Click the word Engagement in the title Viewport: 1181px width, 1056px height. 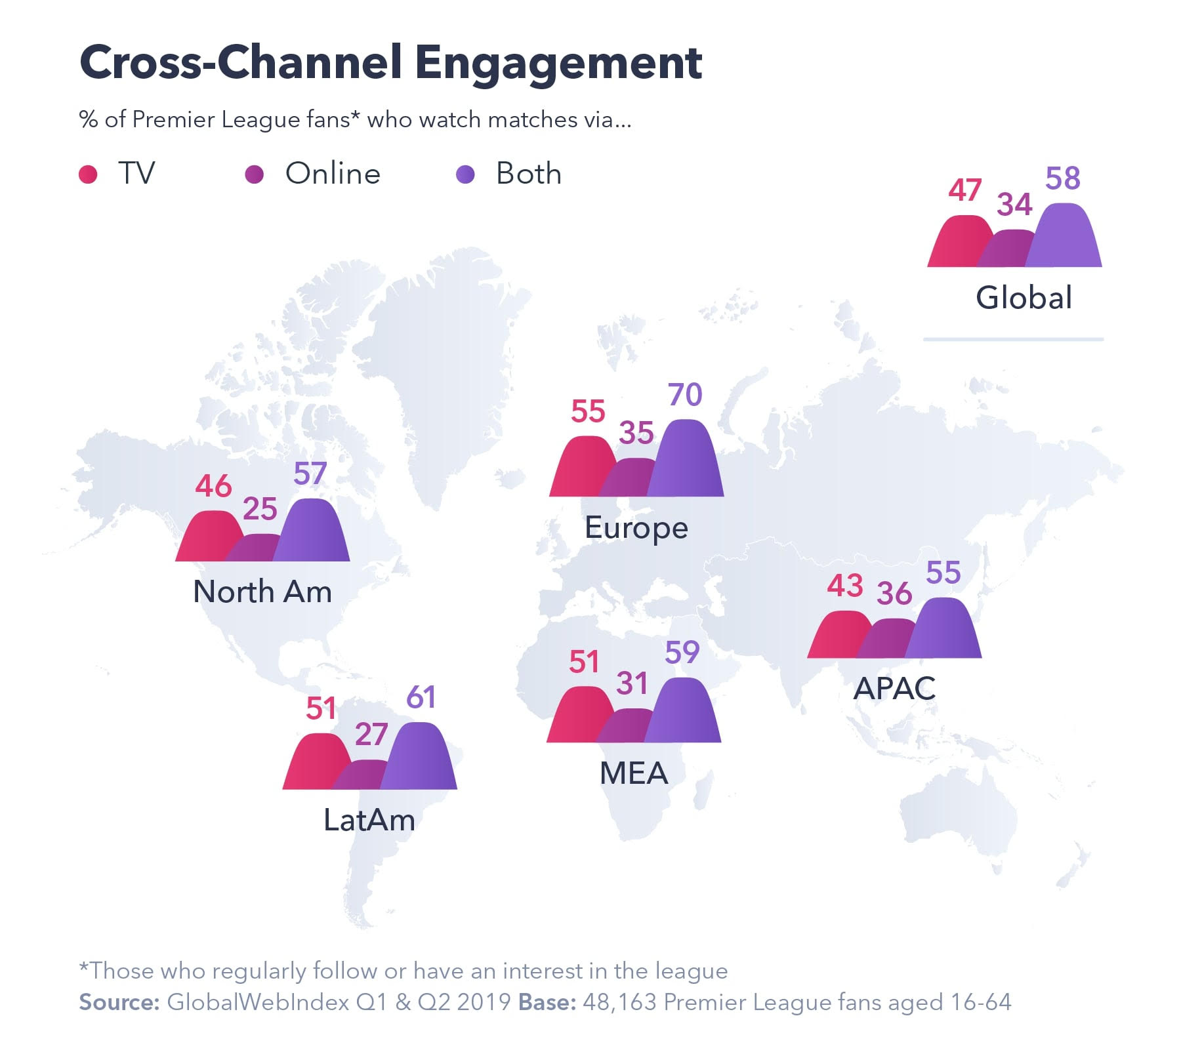click(x=558, y=64)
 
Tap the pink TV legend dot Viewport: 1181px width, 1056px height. click(x=88, y=174)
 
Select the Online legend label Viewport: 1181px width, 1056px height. click(x=333, y=174)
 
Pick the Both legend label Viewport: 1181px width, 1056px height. click(x=528, y=174)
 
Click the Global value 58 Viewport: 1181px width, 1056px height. click(x=1062, y=178)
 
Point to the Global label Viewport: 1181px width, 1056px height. click(x=1024, y=298)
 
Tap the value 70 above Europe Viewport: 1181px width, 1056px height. click(x=685, y=395)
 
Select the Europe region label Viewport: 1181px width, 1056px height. click(x=636, y=528)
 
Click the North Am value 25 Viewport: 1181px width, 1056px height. click(x=260, y=509)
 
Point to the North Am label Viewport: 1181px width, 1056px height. click(x=262, y=592)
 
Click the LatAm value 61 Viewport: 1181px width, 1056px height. click(x=421, y=697)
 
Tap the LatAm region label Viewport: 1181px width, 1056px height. click(x=369, y=821)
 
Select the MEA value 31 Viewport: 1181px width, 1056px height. click(x=632, y=683)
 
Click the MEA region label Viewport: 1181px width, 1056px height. click(x=634, y=773)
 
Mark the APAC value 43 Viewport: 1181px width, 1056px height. click(x=844, y=586)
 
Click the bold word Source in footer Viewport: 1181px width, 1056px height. click(x=119, y=1002)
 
